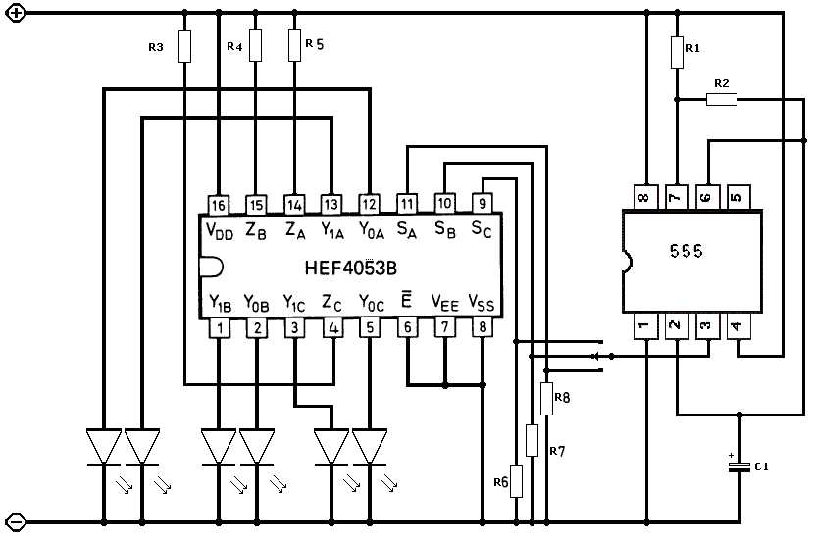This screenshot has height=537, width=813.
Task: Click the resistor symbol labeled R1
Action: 677,52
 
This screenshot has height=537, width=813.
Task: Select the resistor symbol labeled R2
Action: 723,99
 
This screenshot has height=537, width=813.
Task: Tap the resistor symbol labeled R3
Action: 183,46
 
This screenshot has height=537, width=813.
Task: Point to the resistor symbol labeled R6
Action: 516,481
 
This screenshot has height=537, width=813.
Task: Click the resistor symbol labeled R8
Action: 547,398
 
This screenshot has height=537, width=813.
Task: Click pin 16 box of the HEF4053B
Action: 218,204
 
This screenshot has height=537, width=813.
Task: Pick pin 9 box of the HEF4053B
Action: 483,204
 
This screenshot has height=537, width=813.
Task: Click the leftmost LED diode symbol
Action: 103,447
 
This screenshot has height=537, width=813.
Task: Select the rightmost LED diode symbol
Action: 371,447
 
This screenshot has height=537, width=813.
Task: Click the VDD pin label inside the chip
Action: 221,231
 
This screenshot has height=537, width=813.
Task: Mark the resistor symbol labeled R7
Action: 532,440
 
